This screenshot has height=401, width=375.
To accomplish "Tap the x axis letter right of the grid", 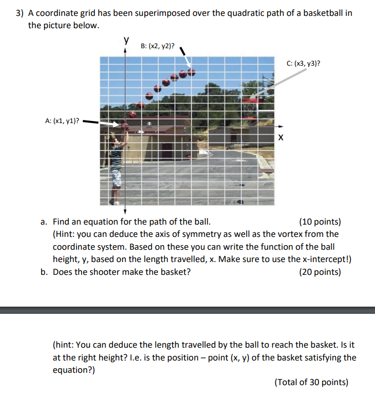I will coord(280,137).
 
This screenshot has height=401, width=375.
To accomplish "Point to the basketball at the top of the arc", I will coord(191,72).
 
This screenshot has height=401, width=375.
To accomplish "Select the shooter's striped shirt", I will coord(118,154).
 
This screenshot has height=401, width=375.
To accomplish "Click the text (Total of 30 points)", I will coord(311,382).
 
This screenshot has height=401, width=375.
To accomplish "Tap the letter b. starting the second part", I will coord(45,272).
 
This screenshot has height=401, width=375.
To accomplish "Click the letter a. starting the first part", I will coord(45,222).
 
